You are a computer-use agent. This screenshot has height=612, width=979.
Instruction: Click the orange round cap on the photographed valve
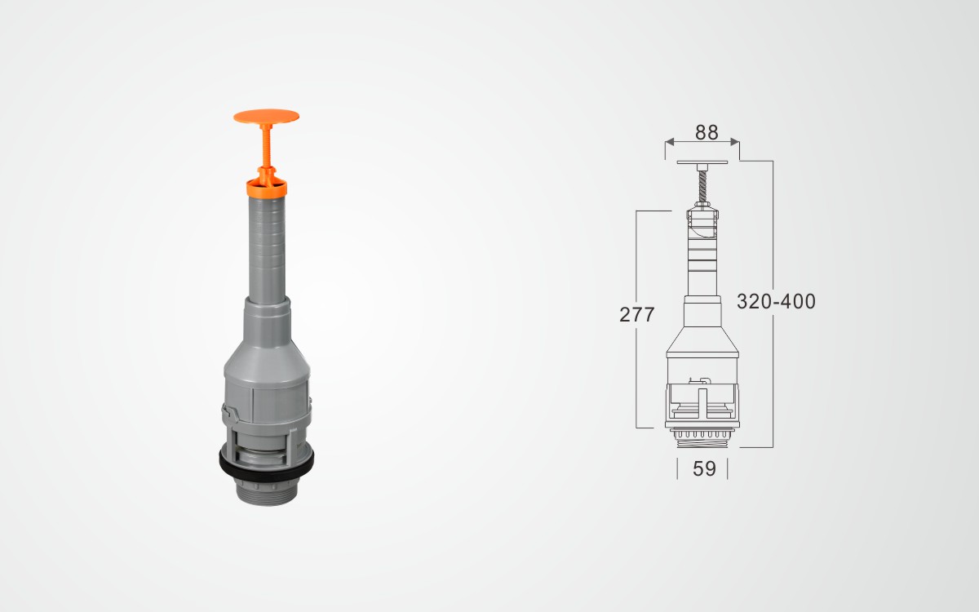(266, 117)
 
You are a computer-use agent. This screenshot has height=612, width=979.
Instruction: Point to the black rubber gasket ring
(267, 463)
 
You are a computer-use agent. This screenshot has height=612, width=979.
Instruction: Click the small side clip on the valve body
(230, 412)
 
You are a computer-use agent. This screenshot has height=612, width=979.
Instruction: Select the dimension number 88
(707, 132)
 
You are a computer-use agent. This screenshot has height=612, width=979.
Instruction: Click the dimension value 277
(637, 315)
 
